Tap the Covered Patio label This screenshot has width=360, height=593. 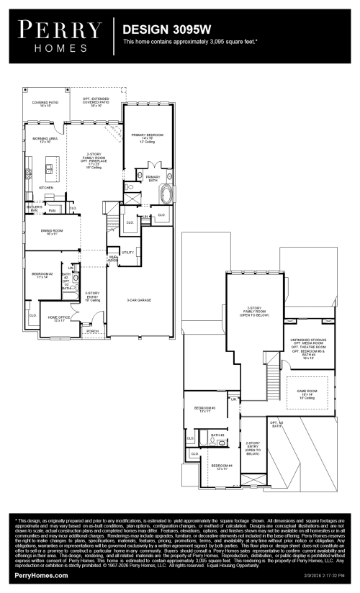pyautogui.click(x=45, y=104)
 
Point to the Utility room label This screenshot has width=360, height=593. pyautogui.click(x=128, y=253)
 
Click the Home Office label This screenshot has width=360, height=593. pyautogui.click(x=58, y=318)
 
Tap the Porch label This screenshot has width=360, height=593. pyautogui.click(x=92, y=331)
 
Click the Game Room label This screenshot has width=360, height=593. pyautogui.click(x=307, y=391)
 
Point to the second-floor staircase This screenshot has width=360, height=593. pyautogui.click(x=272, y=374)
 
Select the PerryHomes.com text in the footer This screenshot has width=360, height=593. pyautogui.click(x=41, y=575)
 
